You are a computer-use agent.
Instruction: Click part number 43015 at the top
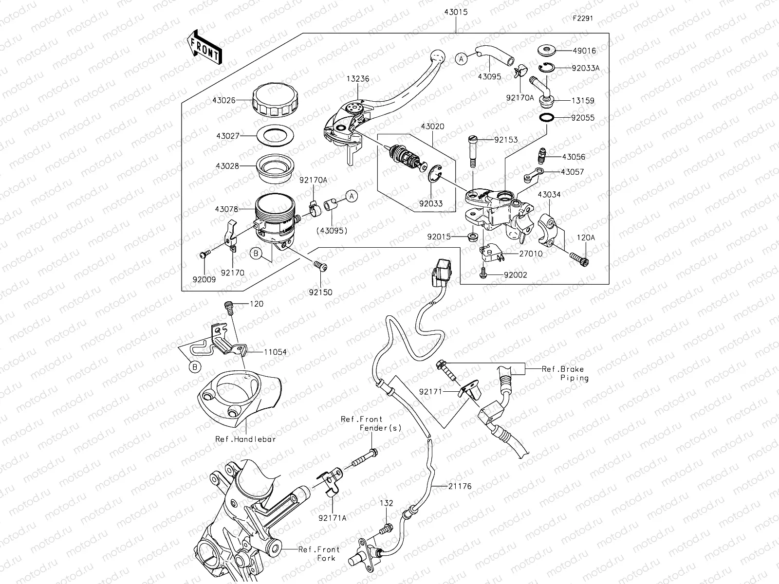click(455, 12)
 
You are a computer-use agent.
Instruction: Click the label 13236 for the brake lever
click(358, 78)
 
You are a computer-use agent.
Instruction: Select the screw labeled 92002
click(483, 274)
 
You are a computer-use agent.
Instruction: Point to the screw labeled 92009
click(204, 253)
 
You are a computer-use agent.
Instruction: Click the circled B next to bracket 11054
click(195, 366)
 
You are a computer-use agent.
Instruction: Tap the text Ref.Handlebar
click(246, 439)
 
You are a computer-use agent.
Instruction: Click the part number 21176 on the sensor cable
click(461, 486)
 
